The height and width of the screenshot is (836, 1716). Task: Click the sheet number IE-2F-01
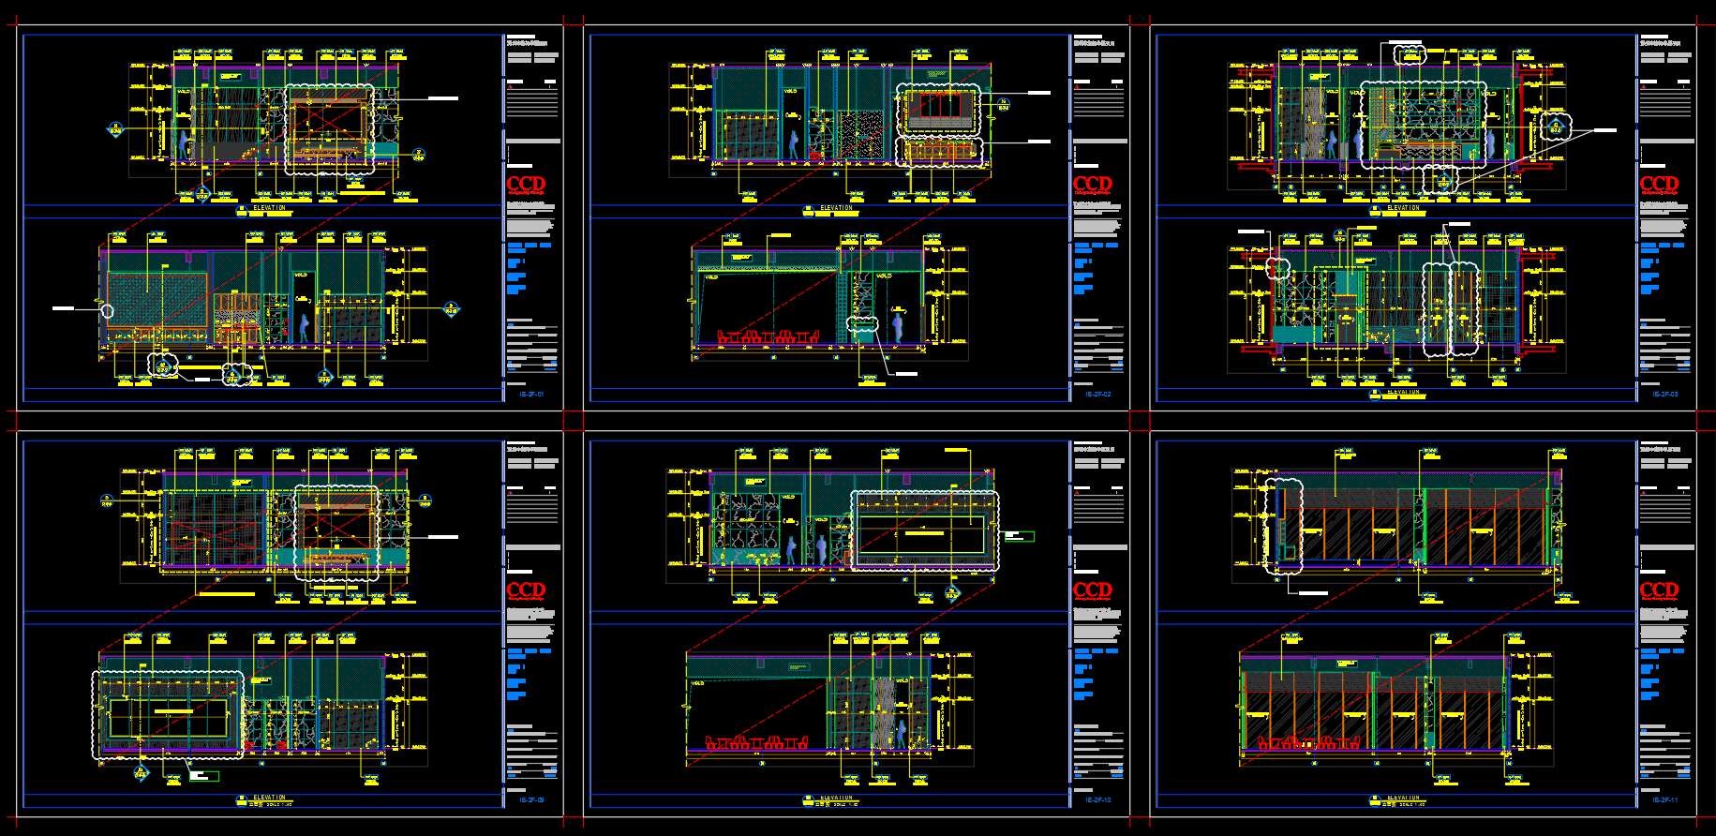[x=531, y=395]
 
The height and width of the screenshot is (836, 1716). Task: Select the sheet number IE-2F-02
[x=1097, y=395]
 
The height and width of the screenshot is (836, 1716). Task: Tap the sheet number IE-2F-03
[x=1664, y=395]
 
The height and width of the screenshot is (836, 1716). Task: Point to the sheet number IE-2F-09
[x=531, y=800]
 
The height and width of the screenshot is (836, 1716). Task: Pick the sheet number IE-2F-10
[x=1097, y=800]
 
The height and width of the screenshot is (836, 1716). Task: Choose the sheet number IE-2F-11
[x=1664, y=800]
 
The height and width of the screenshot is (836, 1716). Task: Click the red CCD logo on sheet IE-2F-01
[x=526, y=184]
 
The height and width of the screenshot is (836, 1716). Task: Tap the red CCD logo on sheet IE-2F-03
[x=1659, y=184]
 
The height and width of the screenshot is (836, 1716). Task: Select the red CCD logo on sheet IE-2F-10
[x=1092, y=590]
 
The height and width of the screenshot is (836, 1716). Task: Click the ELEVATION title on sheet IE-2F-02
[x=836, y=208]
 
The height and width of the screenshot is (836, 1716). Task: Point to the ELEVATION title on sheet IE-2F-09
[x=270, y=798]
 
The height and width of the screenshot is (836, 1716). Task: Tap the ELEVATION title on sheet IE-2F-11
[x=1403, y=798]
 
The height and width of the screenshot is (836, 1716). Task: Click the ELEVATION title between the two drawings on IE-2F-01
[x=270, y=208]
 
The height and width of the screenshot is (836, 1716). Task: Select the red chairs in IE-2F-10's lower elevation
[x=756, y=742]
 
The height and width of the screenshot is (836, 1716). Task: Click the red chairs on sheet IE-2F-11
[x=1308, y=742]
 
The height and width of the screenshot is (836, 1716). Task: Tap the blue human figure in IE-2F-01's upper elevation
[x=184, y=143]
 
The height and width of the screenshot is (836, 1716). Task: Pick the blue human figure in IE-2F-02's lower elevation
[x=898, y=326]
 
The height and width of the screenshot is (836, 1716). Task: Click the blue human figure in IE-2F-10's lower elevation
[x=901, y=733]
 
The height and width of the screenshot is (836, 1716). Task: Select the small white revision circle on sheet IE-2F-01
[x=107, y=311]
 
